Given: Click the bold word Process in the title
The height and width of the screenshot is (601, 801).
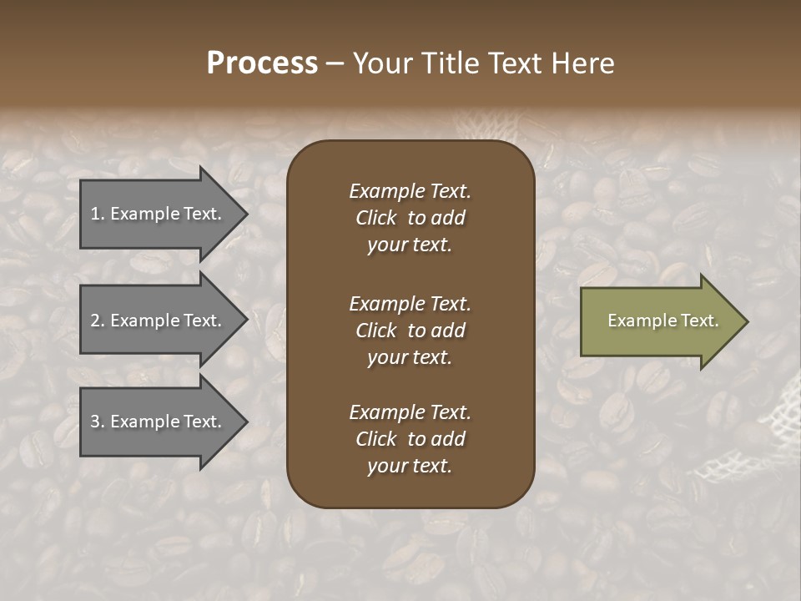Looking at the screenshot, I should click(x=262, y=63).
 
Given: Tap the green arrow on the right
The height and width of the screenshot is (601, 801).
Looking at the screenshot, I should click(x=659, y=321).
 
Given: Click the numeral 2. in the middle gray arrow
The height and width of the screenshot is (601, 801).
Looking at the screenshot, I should click(x=97, y=321).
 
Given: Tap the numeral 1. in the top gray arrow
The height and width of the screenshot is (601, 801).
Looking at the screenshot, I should click(x=97, y=214).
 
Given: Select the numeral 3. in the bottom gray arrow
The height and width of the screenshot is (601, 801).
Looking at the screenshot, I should click(x=97, y=422).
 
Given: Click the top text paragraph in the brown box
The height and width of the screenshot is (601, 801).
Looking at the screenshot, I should click(x=410, y=218).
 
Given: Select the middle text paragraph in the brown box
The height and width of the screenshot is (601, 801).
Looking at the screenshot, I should click(x=410, y=331).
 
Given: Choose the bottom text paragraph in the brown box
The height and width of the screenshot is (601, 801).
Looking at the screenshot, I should click(x=410, y=439).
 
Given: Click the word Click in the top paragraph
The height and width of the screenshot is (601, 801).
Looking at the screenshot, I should click(x=375, y=218).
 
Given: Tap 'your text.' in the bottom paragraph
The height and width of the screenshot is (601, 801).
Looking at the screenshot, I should click(x=410, y=466).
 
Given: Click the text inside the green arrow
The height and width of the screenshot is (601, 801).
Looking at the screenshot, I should click(x=662, y=321).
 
